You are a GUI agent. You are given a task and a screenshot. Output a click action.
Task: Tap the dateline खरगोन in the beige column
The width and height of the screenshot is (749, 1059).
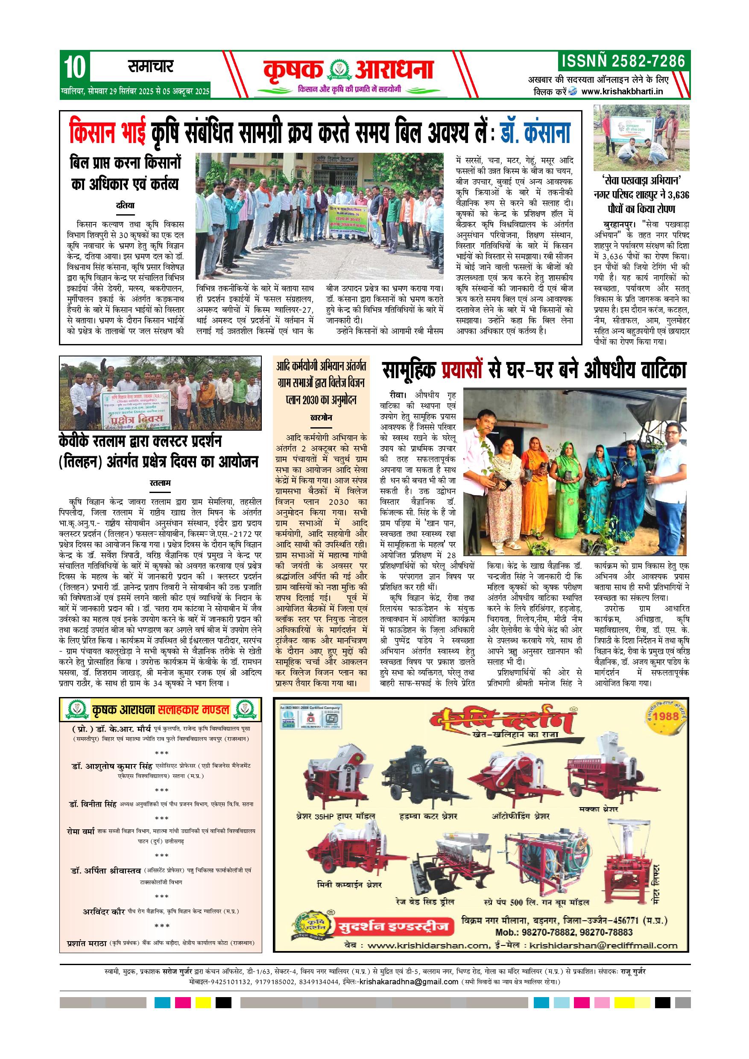(x=321, y=418)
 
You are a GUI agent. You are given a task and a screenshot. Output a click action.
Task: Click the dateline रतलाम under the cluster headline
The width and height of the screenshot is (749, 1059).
(x=161, y=483)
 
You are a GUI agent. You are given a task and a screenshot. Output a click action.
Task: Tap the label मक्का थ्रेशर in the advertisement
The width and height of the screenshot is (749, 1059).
(x=598, y=808)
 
